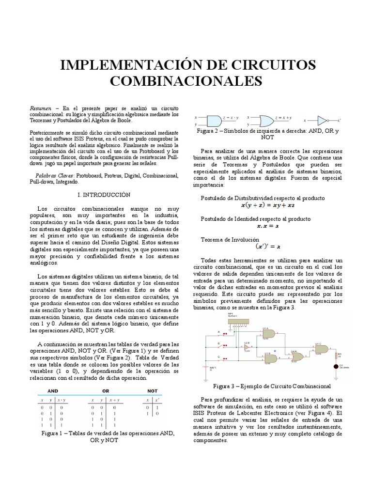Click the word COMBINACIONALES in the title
tap(186, 81)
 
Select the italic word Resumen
tap(40, 108)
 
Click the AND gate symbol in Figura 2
tap(213, 121)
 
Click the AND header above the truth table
tap(53, 390)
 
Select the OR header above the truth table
tap(105, 390)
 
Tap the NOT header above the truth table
tap(152, 390)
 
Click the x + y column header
tap(116, 401)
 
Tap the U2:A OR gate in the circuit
tap(296, 357)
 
